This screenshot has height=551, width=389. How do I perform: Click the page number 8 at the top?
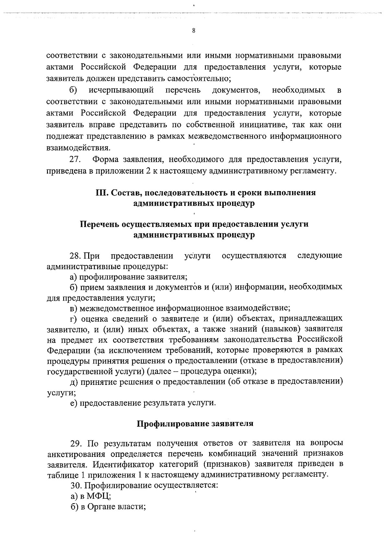194,31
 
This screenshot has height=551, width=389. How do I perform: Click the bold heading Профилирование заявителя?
194,424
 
